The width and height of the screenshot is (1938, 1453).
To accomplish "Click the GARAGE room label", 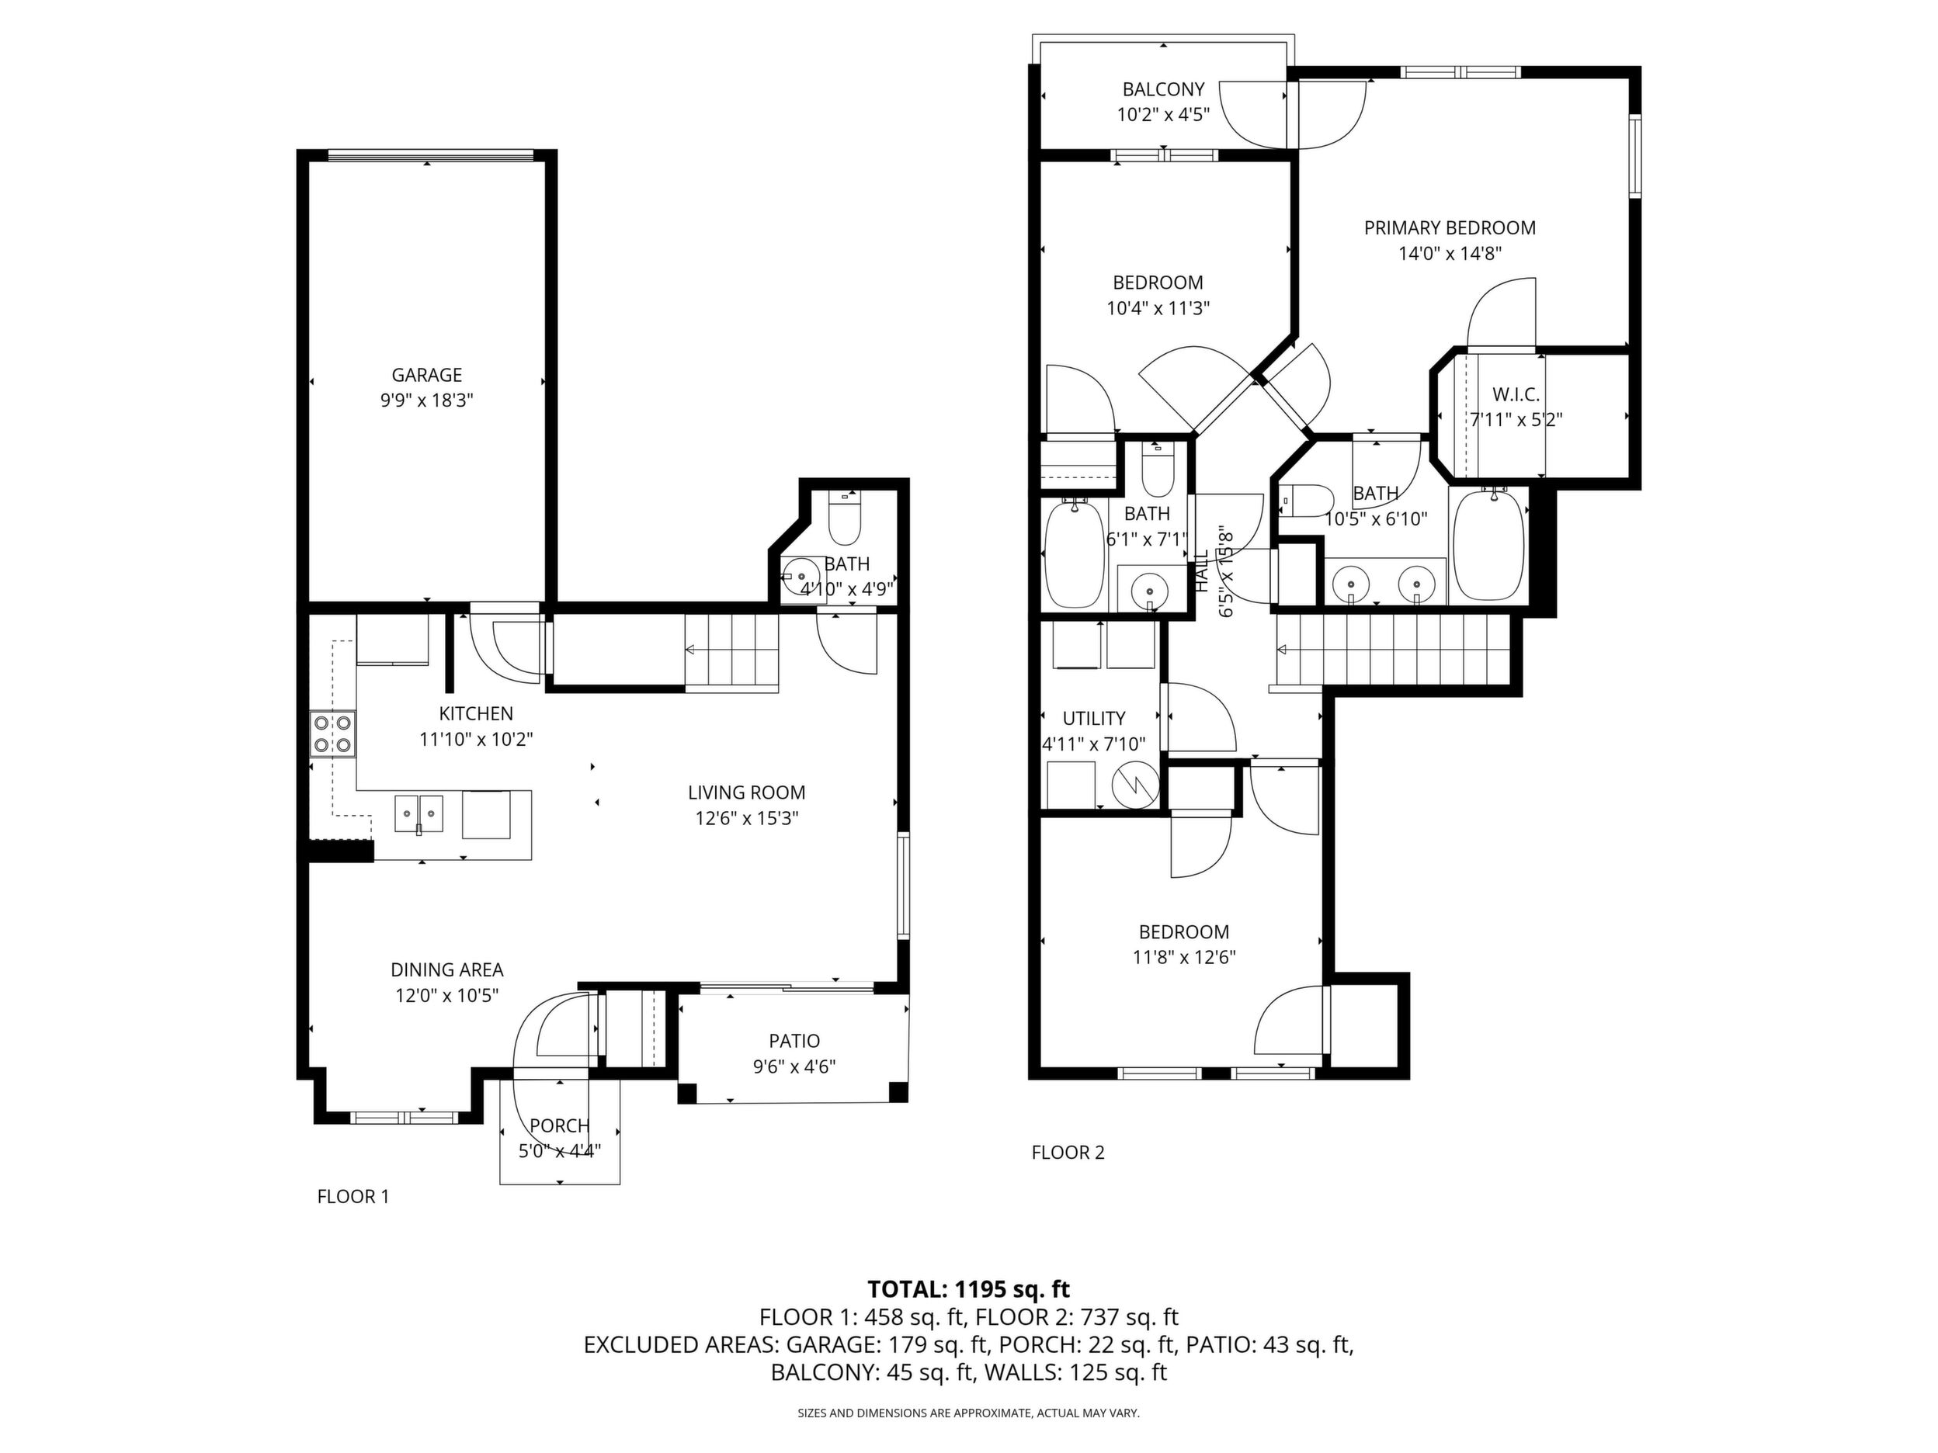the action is (x=427, y=375).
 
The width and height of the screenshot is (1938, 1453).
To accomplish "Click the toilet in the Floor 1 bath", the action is (x=846, y=518).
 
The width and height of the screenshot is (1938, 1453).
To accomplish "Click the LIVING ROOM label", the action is (x=746, y=792).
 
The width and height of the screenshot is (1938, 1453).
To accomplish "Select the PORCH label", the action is (x=560, y=1125).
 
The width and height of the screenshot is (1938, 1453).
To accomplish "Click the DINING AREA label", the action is (x=446, y=969).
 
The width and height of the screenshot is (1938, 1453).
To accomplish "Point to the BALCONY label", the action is (x=1164, y=89).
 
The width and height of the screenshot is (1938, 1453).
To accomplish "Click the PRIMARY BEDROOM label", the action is (x=1450, y=227).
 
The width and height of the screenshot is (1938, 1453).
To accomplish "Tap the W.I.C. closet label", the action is (x=1516, y=395).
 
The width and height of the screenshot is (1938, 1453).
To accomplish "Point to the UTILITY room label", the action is (x=1094, y=718).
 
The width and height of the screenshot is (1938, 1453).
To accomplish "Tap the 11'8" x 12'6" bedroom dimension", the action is (x=1185, y=957).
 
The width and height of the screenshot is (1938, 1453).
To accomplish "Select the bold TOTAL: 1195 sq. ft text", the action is (x=969, y=1289).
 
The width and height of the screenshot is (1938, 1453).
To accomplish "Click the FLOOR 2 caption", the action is (x=1068, y=1153).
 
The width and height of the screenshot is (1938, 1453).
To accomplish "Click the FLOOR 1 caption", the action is (x=353, y=1196).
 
